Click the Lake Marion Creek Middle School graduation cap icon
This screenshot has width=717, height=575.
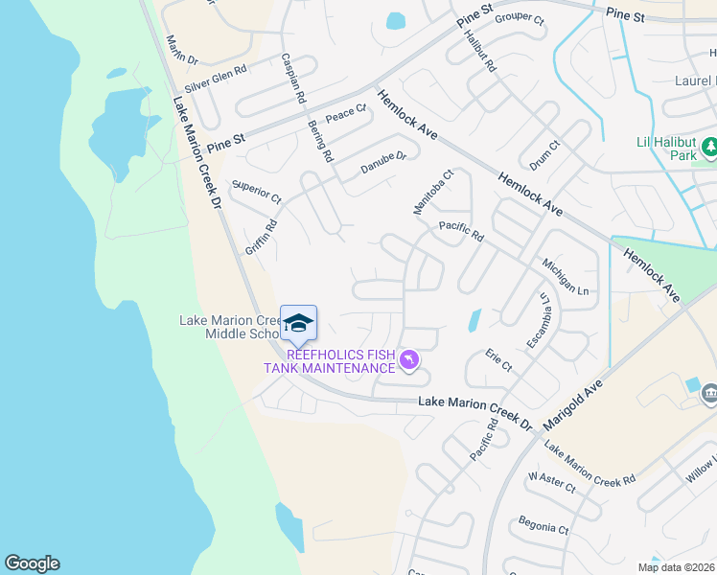tap(298, 323)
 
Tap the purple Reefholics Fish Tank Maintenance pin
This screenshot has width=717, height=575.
tap(409, 359)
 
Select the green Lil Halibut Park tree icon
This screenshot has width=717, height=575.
tap(709, 147)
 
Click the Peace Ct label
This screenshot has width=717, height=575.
tap(346, 115)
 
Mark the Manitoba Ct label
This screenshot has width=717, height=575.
tap(432, 193)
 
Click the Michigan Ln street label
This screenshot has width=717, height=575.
tap(564, 276)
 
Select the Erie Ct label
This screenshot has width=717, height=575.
tap(498, 360)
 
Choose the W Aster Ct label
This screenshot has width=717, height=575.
tap(551, 482)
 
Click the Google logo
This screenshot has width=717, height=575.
tap(32, 563)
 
